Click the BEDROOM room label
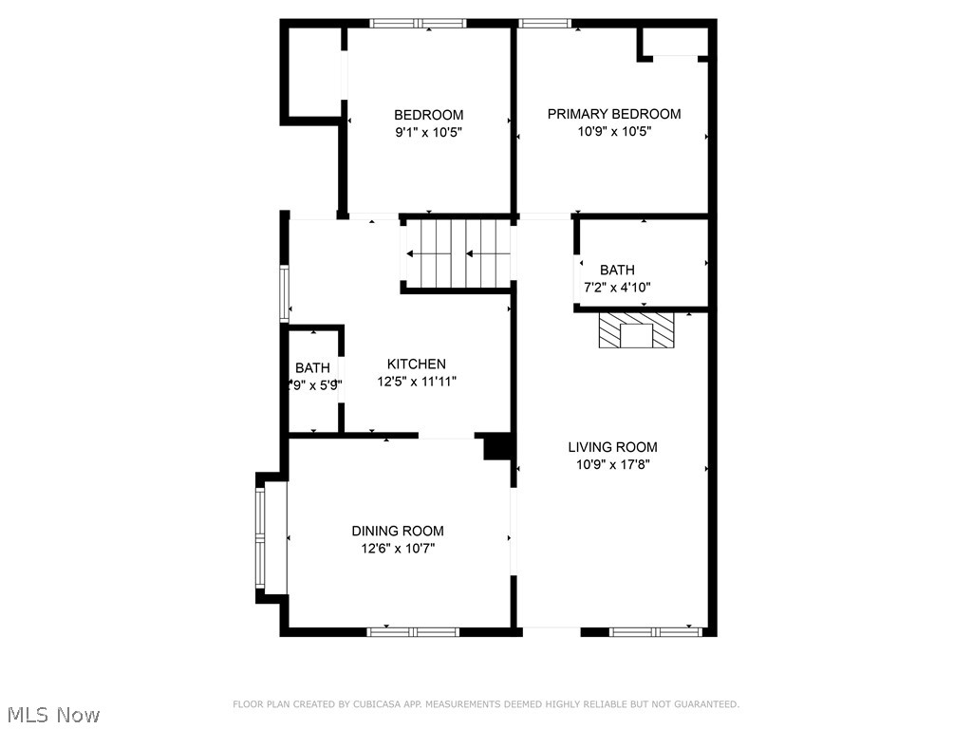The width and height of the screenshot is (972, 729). (429, 115)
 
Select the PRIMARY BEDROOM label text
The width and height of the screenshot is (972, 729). (614, 114)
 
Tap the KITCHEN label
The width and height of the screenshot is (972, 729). (416, 364)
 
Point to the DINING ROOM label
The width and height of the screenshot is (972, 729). (398, 531)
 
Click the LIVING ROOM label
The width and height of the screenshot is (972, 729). (612, 447)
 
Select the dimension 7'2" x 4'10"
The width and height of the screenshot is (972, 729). (617, 288)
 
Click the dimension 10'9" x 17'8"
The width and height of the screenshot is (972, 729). (612, 465)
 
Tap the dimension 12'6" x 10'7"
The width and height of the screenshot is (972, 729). (398, 549)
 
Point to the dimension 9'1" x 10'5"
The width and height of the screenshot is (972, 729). (429, 133)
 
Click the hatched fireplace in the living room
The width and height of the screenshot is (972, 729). (636, 330)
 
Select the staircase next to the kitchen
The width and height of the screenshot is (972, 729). (458, 253)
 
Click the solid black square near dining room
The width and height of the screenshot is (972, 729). (497, 447)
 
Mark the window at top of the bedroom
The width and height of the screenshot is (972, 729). (417, 24)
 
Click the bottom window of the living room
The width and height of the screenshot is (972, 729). (655, 631)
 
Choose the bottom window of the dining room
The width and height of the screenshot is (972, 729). (413, 631)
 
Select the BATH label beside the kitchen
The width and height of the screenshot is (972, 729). (312, 367)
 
